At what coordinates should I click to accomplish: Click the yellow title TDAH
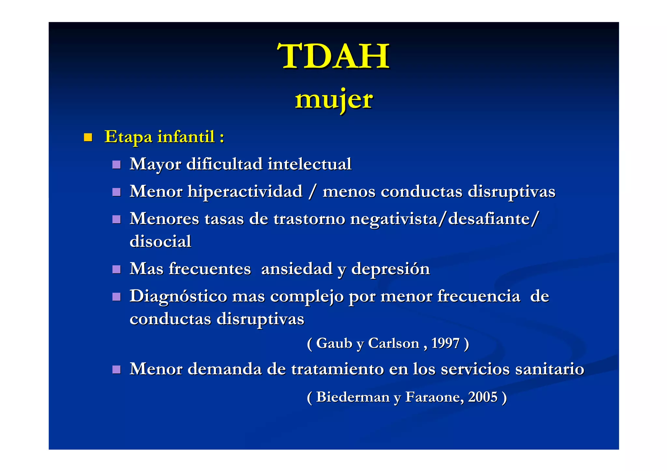[x=333, y=56]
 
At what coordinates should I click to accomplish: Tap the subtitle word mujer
[x=333, y=99]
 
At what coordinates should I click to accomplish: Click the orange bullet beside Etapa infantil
[x=88, y=137]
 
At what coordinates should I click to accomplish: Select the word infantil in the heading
[x=186, y=136]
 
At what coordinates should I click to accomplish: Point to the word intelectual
[x=309, y=164]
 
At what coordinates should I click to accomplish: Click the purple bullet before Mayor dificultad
[x=116, y=165]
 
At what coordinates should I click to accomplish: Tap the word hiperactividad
[x=245, y=191]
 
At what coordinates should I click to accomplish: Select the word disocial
[x=160, y=242]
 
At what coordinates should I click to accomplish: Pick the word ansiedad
[x=297, y=269]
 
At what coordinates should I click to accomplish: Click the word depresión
[x=390, y=269]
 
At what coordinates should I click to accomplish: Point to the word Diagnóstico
[x=178, y=297]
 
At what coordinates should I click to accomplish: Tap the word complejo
[x=307, y=297]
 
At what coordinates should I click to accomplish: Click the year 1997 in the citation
[x=445, y=343]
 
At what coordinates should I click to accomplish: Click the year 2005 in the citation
[x=483, y=397]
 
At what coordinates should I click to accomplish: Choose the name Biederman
[x=353, y=397]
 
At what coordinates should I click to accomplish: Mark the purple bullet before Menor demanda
[x=116, y=369]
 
